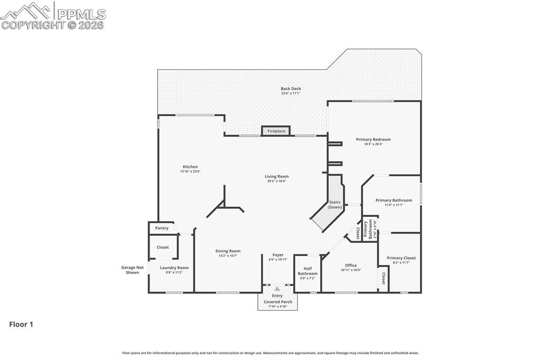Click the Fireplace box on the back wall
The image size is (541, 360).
[276, 131]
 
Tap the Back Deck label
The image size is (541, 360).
[291, 89]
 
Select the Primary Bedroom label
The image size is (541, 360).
[373, 139]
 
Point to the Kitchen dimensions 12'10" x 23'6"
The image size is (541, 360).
[190, 172]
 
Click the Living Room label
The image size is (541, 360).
[277, 176]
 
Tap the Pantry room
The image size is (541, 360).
[162, 228]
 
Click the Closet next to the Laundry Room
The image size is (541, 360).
[163, 247]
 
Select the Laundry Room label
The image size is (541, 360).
[174, 268]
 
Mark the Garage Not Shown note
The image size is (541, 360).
[132, 270]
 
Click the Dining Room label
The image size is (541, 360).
[228, 251]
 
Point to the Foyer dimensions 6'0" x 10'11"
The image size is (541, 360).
[277, 260]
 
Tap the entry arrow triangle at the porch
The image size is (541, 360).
[277, 289]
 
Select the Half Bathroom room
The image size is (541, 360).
[307, 271]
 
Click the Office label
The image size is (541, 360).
[351, 266]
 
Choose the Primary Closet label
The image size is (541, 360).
[401, 258]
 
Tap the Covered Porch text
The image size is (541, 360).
[278, 302]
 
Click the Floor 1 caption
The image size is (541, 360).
[21, 325]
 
